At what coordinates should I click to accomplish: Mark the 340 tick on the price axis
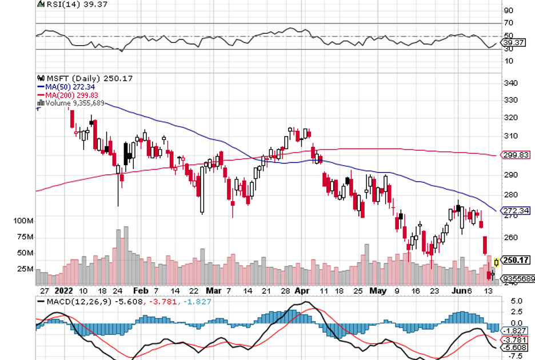[511, 83]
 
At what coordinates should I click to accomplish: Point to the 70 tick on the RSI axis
[508, 23]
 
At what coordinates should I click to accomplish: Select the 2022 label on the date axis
[63, 290]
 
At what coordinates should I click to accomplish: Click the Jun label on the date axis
[455, 290]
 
